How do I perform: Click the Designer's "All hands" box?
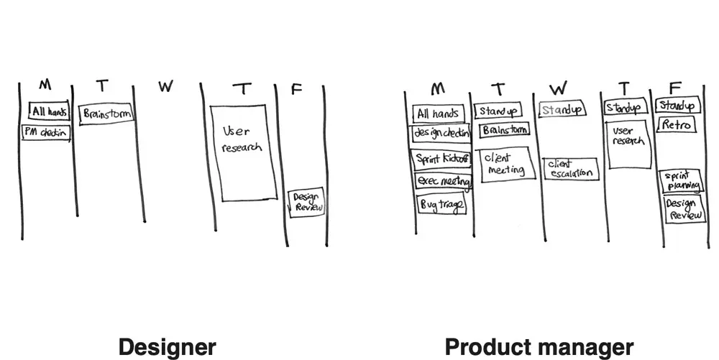(50, 111)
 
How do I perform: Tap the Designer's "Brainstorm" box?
(106, 114)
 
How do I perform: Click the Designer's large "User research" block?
(243, 152)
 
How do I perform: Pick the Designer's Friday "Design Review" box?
(307, 202)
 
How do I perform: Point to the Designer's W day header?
(166, 87)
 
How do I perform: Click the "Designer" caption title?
(167, 347)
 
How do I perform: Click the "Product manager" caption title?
(539, 347)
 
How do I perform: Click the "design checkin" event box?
(441, 134)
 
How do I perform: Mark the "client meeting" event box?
(505, 164)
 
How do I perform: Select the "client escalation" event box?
(570, 169)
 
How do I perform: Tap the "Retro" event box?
(677, 125)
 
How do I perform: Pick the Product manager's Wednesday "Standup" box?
(561, 110)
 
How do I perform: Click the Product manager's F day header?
(674, 88)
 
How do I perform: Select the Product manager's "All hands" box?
(439, 114)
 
